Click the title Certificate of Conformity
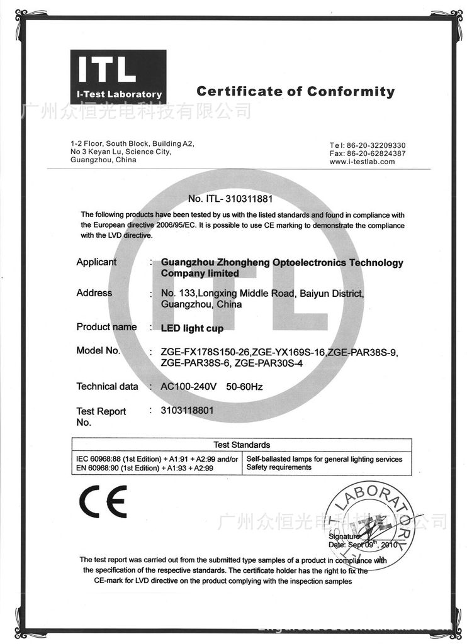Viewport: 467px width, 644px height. point(295,92)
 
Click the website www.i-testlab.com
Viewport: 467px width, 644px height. point(362,162)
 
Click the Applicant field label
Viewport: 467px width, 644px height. point(96,262)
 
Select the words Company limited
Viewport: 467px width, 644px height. point(200,274)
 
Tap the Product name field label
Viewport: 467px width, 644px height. point(106,326)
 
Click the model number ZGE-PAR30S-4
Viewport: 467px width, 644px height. point(271,363)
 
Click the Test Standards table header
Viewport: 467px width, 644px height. point(242,445)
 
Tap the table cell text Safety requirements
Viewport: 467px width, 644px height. point(279,467)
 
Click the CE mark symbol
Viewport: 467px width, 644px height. point(102,501)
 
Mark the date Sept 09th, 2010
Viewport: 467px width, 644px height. point(370,545)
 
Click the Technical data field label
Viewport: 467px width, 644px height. point(107,386)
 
